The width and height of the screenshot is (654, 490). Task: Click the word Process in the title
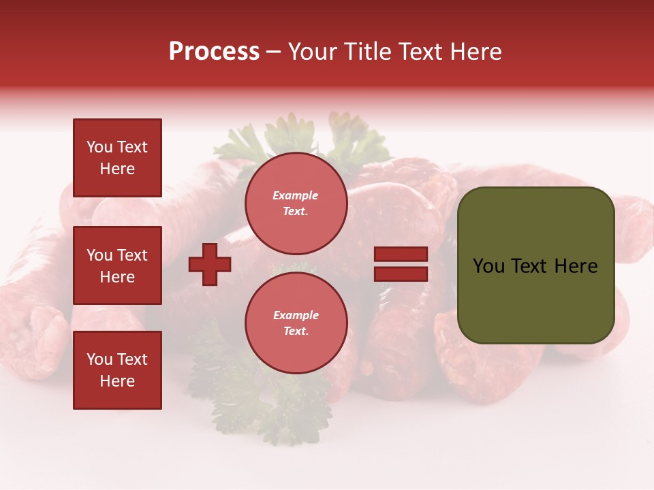tap(214, 52)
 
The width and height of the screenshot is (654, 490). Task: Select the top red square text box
tap(117, 158)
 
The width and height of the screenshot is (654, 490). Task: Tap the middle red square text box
tap(117, 265)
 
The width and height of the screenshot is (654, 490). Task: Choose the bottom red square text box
tap(117, 370)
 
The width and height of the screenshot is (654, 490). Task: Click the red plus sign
tap(210, 264)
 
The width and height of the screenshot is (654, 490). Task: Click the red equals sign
tap(401, 264)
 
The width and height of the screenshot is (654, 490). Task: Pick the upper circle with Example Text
tap(296, 203)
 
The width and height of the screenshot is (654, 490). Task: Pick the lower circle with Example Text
tap(296, 323)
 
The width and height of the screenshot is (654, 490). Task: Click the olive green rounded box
tap(535, 265)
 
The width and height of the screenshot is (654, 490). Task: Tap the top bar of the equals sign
tap(401, 255)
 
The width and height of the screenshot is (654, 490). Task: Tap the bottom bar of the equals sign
tap(401, 274)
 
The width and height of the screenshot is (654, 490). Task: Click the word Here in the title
tap(476, 52)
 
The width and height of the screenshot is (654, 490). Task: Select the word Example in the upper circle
tap(296, 195)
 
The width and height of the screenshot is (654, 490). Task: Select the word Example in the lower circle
tap(296, 315)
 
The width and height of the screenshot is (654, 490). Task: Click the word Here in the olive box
tap(576, 266)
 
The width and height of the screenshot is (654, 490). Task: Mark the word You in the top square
tap(99, 147)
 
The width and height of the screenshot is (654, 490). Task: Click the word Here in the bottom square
tap(117, 381)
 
